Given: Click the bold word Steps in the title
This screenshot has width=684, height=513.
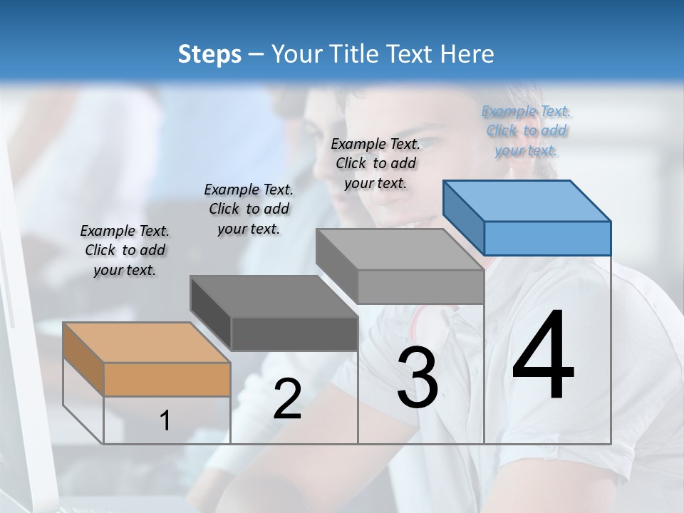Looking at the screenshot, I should pos(209,54).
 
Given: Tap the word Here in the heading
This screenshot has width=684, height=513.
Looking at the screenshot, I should pos(467,54).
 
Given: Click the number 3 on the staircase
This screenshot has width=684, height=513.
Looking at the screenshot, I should pos(418,378).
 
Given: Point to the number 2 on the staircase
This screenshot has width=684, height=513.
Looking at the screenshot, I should pos(287,399).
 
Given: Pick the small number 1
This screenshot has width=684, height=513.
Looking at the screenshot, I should pos(165,421).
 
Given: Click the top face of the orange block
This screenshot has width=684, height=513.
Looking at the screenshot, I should pos(146,343).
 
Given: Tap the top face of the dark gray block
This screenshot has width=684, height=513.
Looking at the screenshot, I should pos(274,296).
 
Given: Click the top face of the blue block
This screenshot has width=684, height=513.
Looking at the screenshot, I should pos(527,200).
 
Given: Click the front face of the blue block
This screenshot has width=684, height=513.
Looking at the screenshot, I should pos(547,238).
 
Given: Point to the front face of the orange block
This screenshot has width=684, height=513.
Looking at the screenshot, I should pos(167,379).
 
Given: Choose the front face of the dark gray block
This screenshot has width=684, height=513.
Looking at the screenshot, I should pos(294,333).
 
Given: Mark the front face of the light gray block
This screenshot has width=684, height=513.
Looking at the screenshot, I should pos(420,286).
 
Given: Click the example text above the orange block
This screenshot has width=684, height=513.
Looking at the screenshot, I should pos(125,250).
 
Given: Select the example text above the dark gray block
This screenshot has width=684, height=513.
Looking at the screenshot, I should pos(249,209).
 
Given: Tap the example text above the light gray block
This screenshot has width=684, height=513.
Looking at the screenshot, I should pos(375,163).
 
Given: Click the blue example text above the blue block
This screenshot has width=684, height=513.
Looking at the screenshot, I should pos(526,130).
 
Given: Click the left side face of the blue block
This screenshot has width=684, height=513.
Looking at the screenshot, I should pos(464,217).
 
